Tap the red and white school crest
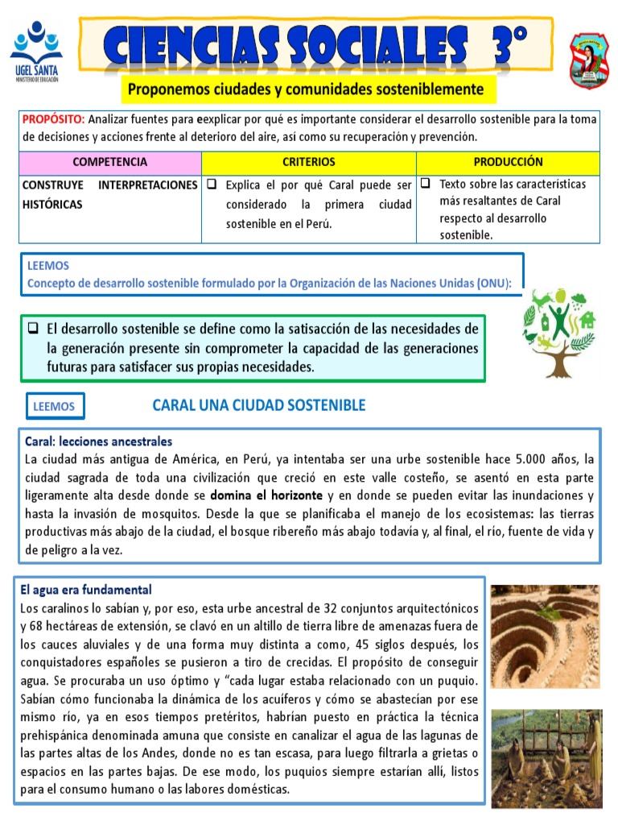click(x=589, y=60)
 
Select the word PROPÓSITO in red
click(x=51, y=119)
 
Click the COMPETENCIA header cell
click(x=110, y=162)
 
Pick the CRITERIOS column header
click(x=309, y=162)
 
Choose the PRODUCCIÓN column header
click(x=508, y=162)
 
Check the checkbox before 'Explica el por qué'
click(x=212, y=184)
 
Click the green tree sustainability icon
click(x=558, y=332)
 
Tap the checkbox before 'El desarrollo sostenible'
click(x=34, y=329)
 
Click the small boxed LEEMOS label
click(x=54, y=407)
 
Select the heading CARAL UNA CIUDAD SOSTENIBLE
click(x=258, y=405)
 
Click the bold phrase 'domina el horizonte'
click(x=266, y=495)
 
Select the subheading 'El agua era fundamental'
click(x=86, y=590)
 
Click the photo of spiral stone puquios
click(x=545, y=636)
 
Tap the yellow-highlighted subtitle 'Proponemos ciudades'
click(x=306, y=89)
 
